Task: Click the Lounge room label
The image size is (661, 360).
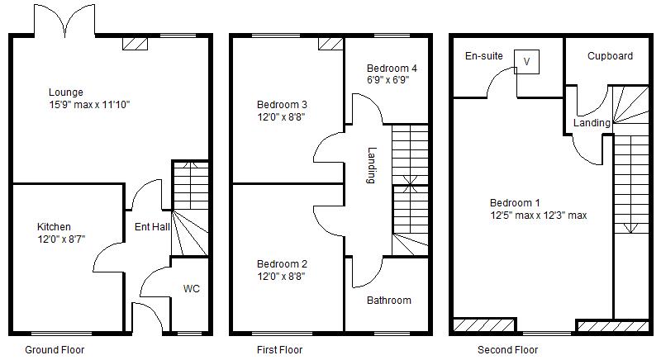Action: click(65, 92)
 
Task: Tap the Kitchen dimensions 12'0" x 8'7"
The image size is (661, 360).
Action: click(61, 239)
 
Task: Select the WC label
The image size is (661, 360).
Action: click(191, 289)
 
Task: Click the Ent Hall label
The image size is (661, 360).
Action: click(153, 227)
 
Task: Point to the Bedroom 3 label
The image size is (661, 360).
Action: click(282, 105)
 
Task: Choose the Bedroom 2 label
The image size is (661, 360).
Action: click(282, 264)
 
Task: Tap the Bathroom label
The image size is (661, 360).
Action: click(389, 300)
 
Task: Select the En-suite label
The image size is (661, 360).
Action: click(484, 56)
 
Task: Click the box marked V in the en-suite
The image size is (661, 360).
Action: click(526, 60)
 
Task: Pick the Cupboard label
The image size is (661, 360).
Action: click(610, 56)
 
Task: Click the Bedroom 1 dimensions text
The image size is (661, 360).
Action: click(538, 216)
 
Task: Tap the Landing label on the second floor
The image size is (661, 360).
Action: click(592, 123)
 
